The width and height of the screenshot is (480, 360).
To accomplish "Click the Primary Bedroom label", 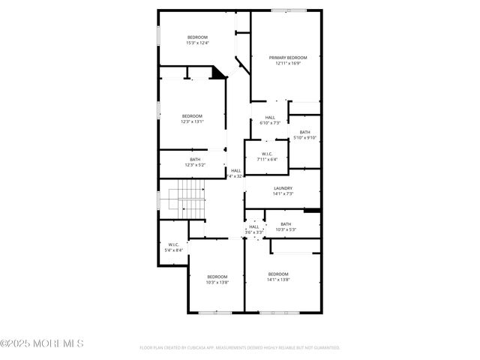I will pos(288,58).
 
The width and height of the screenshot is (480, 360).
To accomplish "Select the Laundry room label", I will pos(283,188).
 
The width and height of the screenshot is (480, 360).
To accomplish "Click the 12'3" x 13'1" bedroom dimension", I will pos(192,121).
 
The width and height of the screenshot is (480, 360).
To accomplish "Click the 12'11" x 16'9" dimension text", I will pos(288,63).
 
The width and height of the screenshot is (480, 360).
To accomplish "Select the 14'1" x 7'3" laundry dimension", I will pos(283,193).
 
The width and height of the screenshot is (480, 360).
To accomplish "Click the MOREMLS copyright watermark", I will pos(42,343).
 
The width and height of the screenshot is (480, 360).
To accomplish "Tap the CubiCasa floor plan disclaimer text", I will pos(240,348).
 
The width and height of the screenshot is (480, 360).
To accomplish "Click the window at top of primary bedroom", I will pos(289,10).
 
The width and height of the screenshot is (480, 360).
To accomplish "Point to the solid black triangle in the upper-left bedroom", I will pos(219,73).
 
